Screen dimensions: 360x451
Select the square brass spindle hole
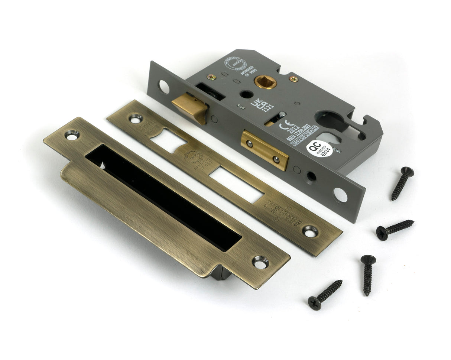coord(265,82)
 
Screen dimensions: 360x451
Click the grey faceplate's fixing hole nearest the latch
coord(163,87)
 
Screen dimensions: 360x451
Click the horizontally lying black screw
coord(394,228)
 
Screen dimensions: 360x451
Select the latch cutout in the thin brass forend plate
coord(168,141)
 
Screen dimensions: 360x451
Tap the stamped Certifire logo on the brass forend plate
coord(194,156)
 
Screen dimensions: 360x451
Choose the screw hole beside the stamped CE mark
coord(310,231)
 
